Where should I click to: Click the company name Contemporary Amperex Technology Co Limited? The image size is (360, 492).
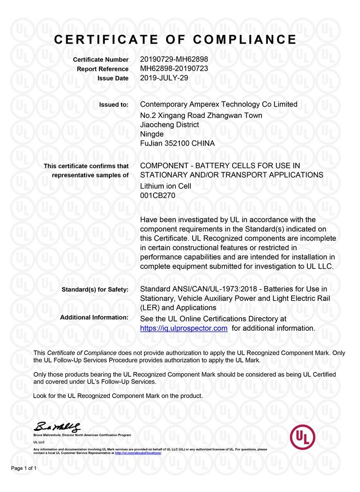tap(219, 104)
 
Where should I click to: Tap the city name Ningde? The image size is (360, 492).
tap(152, 134)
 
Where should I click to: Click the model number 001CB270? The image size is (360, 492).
tap(157, 196)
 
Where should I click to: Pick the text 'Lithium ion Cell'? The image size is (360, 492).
tap(166, 186)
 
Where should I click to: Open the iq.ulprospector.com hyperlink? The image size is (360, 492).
tap(184, 328)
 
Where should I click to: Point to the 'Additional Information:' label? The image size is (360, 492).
tap(94, 318)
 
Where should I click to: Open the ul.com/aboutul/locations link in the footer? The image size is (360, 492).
tap(138, 453)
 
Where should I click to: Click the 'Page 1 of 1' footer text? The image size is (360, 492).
tap(24, 469)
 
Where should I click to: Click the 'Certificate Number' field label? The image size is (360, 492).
tap(100, 60)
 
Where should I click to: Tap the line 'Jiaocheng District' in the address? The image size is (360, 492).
tap(170, 125)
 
